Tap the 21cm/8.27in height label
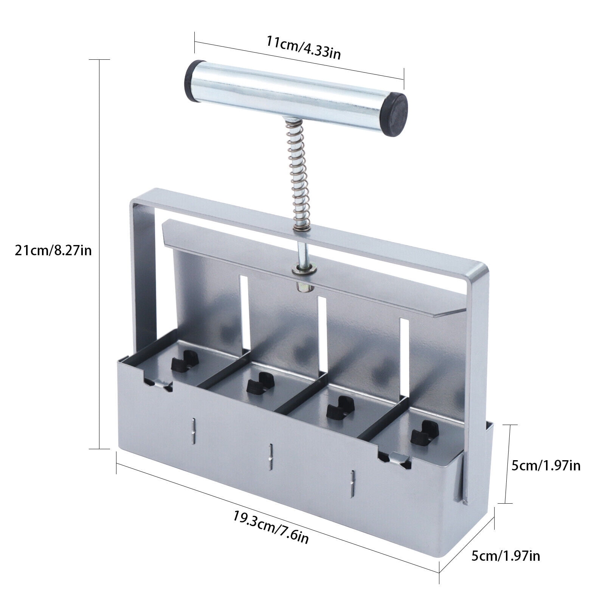(x=53, y=250)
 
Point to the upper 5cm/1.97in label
(x=546, y=465)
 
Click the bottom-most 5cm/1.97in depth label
(x=506, y=556)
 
